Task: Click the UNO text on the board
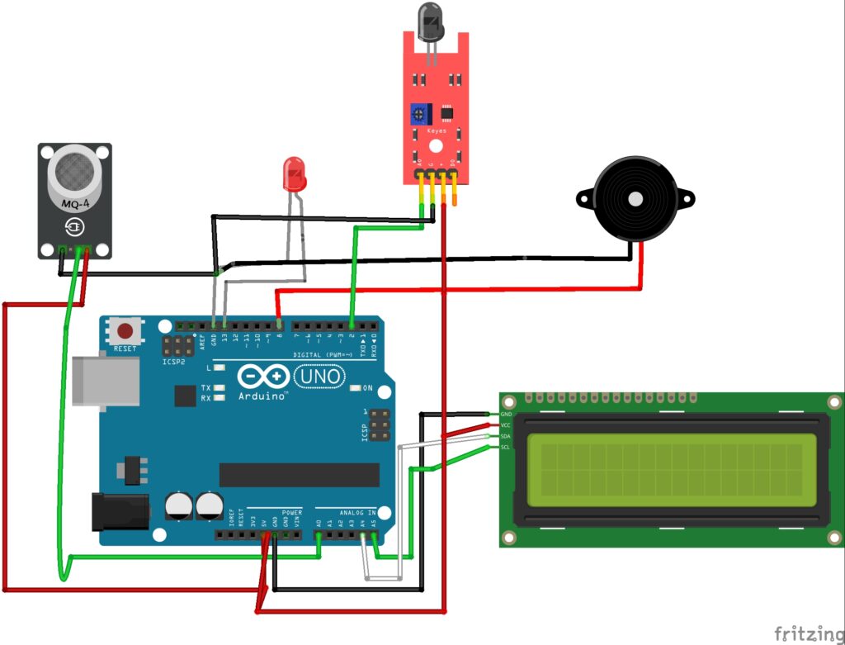(319, 377)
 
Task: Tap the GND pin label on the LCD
(507, 414)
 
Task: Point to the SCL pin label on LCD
(506, 447)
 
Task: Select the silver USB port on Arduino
(88, 381)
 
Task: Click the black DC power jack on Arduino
(119, 510)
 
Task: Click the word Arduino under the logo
(262, 396)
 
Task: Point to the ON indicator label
(367, 388)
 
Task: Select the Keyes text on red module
(436, 130)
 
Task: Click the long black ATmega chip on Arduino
(299, 474)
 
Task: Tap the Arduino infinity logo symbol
(263, 377)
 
